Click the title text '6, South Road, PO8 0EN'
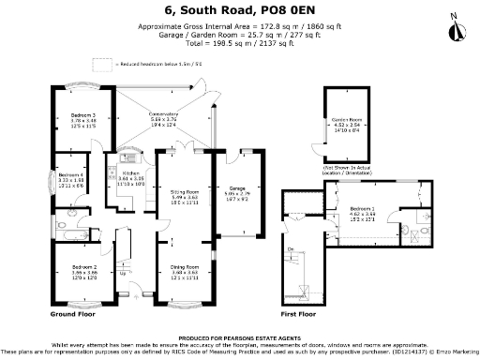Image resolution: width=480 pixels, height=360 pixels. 240,10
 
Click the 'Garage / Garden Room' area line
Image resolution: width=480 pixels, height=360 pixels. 240,34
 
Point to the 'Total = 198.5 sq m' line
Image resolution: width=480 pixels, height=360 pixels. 240,43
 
